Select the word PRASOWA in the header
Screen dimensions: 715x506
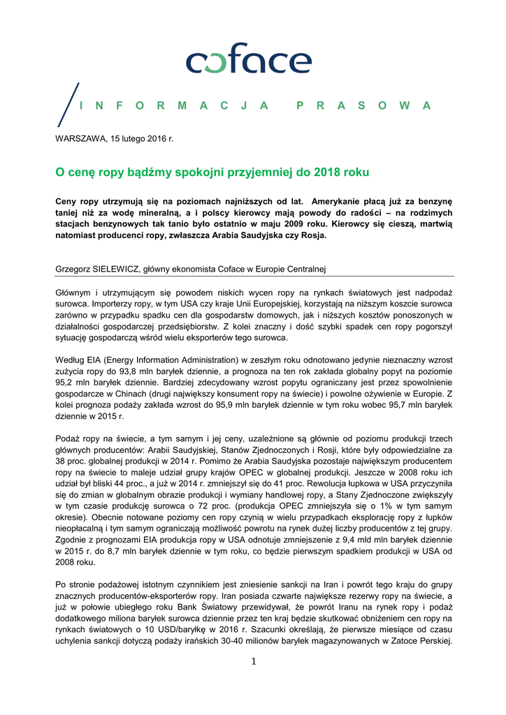coord(363,105)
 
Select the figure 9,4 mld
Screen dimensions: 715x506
coord(363,539)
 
